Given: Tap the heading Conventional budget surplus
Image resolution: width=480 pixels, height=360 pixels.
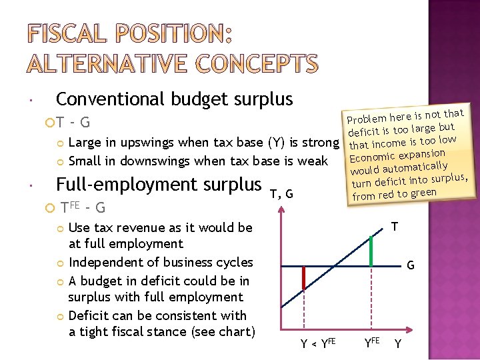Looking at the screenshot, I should [174, 99].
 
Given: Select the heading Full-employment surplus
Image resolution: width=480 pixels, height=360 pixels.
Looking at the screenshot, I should [159, 184].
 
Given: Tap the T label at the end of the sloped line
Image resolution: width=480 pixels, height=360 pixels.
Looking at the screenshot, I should [395, 227].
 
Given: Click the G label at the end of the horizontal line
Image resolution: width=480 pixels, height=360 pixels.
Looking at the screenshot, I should [411, 265].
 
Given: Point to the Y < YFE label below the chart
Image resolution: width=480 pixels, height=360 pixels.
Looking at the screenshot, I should [317, 345].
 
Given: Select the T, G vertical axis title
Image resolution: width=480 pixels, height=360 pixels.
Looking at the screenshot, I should [282, 194].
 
